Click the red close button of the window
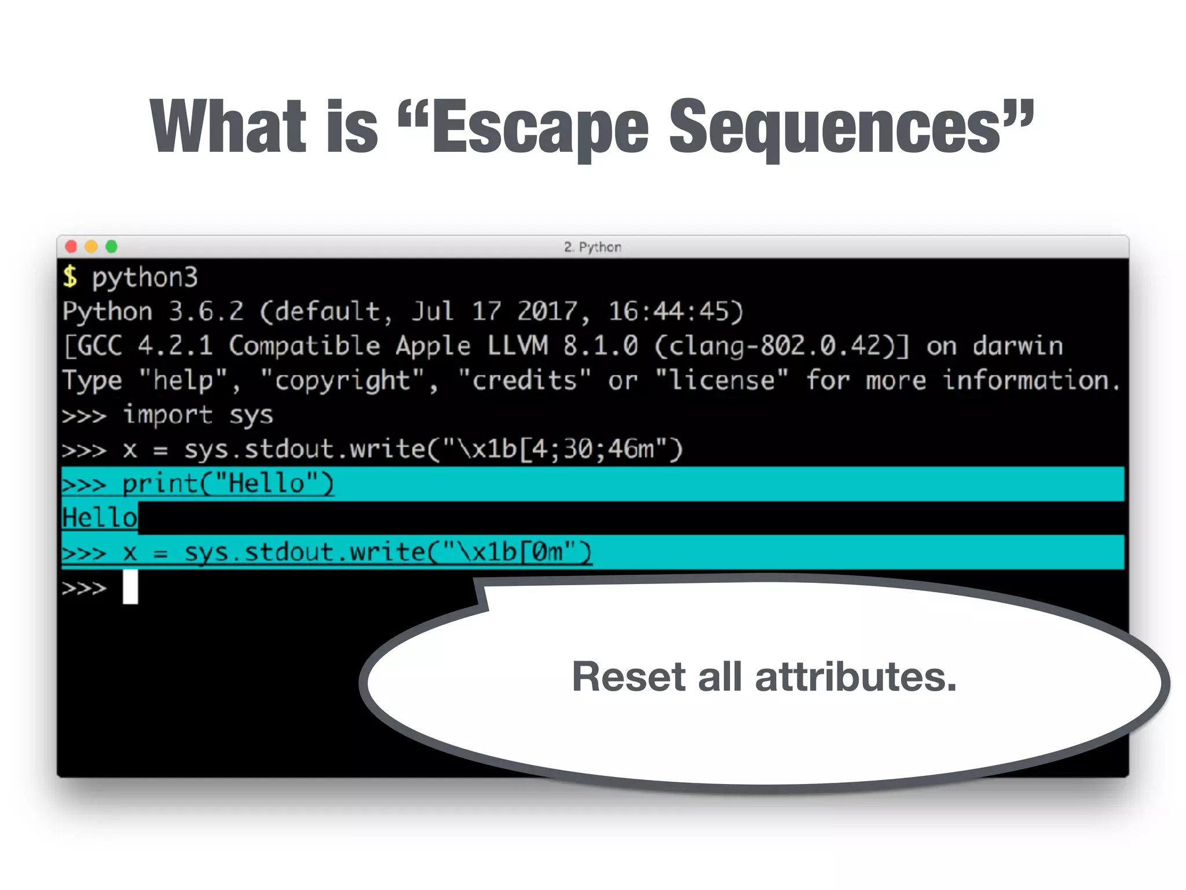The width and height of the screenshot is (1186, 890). [71, 247]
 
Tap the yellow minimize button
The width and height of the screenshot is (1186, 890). [91, 247]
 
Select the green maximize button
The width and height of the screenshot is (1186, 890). [111, 247]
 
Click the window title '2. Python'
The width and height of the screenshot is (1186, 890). [592, 247]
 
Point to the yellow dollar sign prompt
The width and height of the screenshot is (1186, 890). [70, 277]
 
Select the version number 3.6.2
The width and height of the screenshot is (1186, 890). [206, 312]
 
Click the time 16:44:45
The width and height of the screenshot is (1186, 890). [675, 312]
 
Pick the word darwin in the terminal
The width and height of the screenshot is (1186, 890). [1017, 346]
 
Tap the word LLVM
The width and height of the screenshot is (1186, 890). [517, 346]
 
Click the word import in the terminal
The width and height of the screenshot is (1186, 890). [168, 415]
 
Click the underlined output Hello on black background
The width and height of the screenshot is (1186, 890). [100, 517]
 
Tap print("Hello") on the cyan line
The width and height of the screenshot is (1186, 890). [228, 484]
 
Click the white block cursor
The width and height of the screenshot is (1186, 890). [130, 587]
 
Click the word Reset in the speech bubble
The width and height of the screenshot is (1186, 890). [628, 677]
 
